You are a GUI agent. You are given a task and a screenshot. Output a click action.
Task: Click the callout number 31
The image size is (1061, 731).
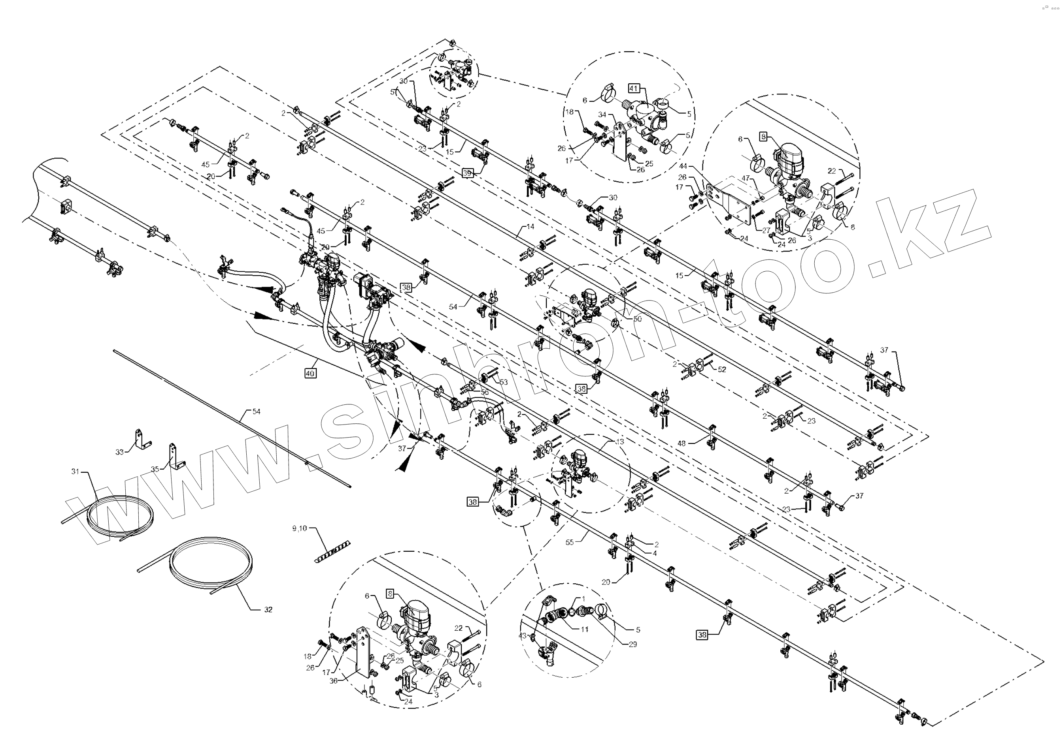point(75,471)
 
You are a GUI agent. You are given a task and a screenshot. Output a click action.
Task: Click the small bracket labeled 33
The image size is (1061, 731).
point(140,439)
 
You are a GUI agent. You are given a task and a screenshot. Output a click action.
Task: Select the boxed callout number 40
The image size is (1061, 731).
point(310,373)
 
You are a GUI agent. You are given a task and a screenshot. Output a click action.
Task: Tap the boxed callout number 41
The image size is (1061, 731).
point(634,88)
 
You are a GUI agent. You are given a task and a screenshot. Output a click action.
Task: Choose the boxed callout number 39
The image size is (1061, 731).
point(467,173)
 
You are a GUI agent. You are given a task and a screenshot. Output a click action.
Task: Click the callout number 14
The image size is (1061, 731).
point(530,227)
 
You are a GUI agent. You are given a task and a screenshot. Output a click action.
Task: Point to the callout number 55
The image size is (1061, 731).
point(570,542)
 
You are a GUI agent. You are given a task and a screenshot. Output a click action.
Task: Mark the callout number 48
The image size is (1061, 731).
point(682,443)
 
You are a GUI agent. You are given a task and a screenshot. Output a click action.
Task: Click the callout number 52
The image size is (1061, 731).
point(722,370)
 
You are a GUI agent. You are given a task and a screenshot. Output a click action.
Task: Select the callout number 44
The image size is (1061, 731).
point(683,165)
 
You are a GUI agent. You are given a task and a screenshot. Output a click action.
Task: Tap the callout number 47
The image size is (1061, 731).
point(746,178)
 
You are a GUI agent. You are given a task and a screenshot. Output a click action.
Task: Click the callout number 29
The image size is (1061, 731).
point(633,644)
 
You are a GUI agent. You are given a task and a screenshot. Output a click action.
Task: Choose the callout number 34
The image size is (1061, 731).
point(602,115)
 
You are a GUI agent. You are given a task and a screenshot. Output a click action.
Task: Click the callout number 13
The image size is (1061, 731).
point(620,442)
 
